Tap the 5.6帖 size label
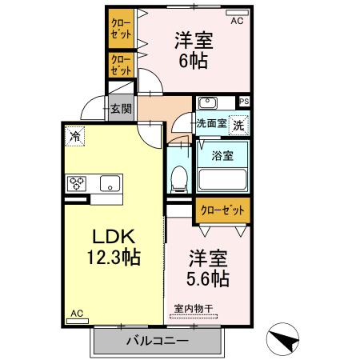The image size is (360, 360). coord(209,278)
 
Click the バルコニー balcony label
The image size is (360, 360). coord(157,342)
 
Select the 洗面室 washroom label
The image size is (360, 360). coord(211,124)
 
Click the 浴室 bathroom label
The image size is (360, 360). coord(222,156)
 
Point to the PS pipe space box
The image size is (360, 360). coord(243,102)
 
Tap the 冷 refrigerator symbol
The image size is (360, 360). coord(74,135)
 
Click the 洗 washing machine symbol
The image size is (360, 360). coord(238,125)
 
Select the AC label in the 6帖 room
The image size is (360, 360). coord(237,21)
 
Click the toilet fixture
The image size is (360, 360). coord(179,178)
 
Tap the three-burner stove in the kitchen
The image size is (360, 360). coord(78,183)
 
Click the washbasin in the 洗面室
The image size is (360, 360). coord(207,102)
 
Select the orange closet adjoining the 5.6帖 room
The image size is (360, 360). coord(220,210)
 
